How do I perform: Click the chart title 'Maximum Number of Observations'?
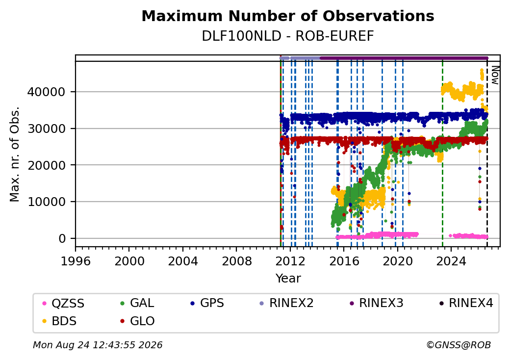288,16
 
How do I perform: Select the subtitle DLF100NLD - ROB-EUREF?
288,36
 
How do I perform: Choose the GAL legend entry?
137,303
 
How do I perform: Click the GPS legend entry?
207,303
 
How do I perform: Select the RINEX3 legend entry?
376,303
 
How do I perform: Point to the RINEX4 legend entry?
466,303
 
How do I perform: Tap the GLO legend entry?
137,321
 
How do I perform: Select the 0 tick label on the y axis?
62,239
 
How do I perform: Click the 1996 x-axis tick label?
76,261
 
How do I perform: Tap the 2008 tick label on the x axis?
237,261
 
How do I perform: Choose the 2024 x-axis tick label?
451,261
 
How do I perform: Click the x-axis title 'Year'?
288,279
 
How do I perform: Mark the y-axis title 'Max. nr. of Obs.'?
15,154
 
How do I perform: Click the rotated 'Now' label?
495,75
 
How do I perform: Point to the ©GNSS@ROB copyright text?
459,345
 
